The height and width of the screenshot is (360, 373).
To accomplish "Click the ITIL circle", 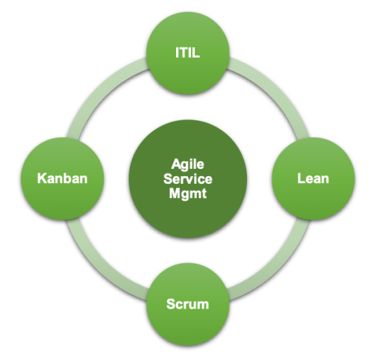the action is coord(187,53).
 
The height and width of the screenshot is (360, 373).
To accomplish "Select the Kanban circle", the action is coord(62,179).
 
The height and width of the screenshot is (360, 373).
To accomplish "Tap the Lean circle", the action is coord(313,179).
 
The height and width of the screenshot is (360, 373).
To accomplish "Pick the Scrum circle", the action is coord(187,304).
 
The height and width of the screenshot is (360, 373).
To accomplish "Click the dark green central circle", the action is coord(188,179).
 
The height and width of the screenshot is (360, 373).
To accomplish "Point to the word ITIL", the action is coord(187,53).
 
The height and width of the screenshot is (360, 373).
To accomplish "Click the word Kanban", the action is coord(63,179).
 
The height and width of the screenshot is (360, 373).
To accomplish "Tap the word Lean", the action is coord(313,179).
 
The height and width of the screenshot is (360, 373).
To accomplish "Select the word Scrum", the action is coord(187,304).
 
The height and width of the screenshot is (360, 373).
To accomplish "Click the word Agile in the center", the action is coord(188,164).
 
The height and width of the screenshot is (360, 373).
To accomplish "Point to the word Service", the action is coord(188,179).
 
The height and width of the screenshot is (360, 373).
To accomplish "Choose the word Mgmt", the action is coord(188,194).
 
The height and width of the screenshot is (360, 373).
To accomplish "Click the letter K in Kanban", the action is coord(42,179).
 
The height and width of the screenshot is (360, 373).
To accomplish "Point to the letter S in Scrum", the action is coord(171,304).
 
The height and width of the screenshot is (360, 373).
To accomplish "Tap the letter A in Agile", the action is coord(176,164).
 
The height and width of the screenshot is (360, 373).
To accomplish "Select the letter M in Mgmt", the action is coord(175,193).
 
